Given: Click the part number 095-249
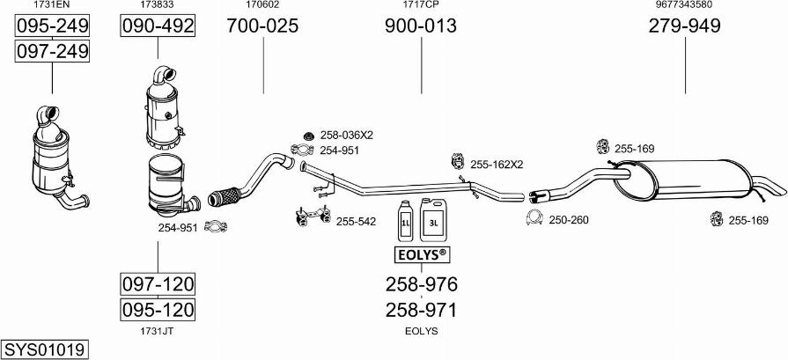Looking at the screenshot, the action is (52, 26).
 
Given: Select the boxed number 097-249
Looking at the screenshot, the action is (52, 51).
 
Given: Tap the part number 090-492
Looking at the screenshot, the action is (158, 26).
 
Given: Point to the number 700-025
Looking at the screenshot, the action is (262, 26).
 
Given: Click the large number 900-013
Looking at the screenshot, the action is (421, 26).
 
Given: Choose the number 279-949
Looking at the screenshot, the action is (684, 26).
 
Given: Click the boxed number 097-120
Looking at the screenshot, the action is (158, 284).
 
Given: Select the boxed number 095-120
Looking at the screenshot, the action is (158, 309).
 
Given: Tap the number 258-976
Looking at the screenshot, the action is (421, 284).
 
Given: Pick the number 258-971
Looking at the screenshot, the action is (421, 310).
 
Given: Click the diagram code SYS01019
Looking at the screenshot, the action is (44, 349).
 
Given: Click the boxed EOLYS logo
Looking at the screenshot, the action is (421, 255).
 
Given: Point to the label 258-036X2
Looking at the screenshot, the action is (346, 135).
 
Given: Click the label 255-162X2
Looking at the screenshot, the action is (497, 165).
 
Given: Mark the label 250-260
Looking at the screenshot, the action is (569, 219).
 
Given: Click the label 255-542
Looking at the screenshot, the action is (356, 221).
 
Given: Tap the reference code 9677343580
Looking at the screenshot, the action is (684, 4).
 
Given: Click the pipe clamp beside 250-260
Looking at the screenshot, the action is (534, 217).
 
